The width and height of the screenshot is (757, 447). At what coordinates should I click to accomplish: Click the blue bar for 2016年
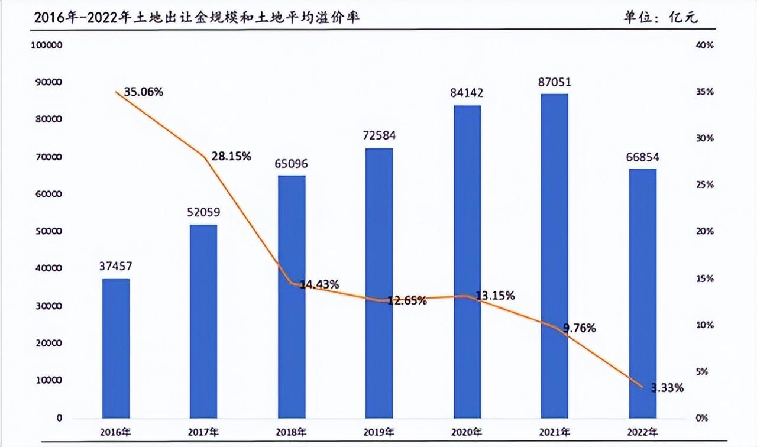[x=116, y=348]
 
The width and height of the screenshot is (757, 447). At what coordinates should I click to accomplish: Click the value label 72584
[x=380, y=135]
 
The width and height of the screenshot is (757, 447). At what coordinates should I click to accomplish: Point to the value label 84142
[x=467, y=93]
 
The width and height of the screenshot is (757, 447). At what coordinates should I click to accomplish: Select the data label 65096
[x=292, y=163]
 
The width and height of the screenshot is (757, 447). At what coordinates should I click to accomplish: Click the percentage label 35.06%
[x=143, y=92]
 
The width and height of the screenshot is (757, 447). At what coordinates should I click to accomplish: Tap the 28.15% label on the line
[x=231, y=156]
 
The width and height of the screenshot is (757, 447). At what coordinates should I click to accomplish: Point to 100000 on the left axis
[x=47, y=46]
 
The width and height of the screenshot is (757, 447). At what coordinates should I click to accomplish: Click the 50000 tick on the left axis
[x=49, y=232]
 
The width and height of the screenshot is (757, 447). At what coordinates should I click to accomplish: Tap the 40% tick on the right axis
[x=705, y=46]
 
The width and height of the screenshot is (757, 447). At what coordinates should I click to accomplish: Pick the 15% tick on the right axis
[x=705, y=278]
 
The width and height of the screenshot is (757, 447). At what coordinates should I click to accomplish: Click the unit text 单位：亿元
[x=661, y=17]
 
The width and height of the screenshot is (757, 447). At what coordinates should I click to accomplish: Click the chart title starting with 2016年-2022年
[x=198, y=17]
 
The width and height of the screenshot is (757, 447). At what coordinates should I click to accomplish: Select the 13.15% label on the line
[x=495, y=295]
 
